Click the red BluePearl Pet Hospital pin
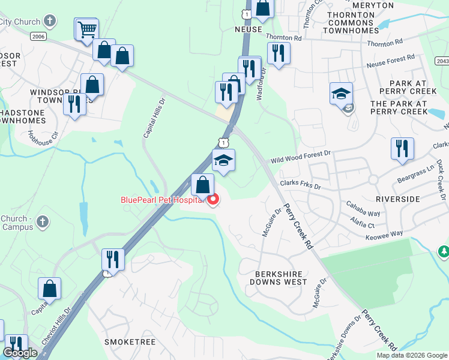(212, 199)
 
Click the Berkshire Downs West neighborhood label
(274, 278)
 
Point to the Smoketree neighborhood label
(130, 342)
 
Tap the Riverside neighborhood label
(398, 199)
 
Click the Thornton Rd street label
(284, 37)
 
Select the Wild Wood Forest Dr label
(300, 157)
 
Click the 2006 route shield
(38, 37)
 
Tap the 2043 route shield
(442, 61)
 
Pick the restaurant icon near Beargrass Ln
(402, 148)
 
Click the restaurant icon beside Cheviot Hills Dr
(113, 259)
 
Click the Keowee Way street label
(384, 236)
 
